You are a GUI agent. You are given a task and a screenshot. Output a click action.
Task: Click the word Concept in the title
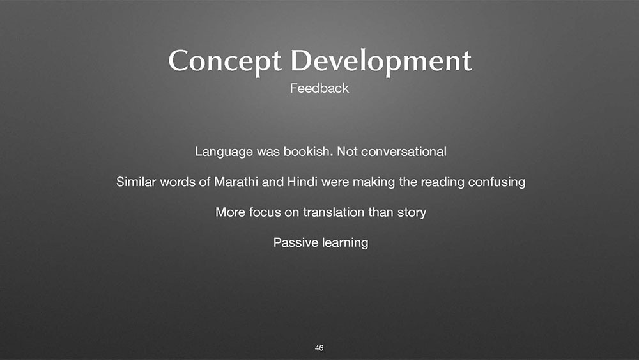point(224,61)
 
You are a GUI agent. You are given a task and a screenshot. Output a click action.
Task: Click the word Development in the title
point(381,61)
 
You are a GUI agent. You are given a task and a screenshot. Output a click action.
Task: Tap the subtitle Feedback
point(319,88)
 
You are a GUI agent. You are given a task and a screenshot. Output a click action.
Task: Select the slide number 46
point(319,348)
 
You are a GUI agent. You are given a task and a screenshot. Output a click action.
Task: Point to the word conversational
point(403,152)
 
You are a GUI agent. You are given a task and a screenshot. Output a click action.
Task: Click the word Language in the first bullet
point(224,152)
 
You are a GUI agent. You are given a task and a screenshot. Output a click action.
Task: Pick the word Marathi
point(236,182)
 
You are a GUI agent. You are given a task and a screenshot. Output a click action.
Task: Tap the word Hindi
point(302,182)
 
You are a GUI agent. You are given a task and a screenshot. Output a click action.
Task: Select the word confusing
point(497,182)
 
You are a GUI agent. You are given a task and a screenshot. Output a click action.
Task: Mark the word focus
point(265,212)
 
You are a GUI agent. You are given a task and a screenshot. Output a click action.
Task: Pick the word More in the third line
point(230,212)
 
